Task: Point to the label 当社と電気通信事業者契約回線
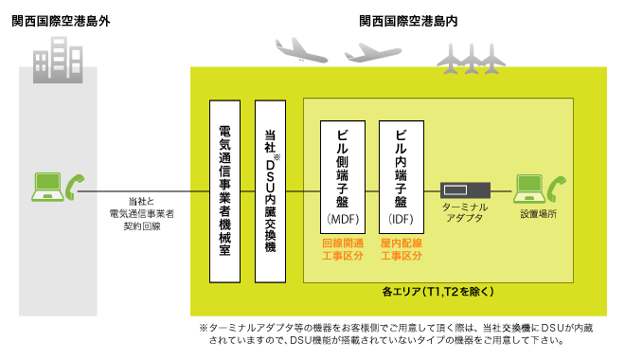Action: tap(142, 214)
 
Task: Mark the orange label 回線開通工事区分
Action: tap(343, 250)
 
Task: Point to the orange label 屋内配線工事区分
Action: tap(400, 250)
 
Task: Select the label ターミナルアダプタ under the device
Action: tap(464, 212)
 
